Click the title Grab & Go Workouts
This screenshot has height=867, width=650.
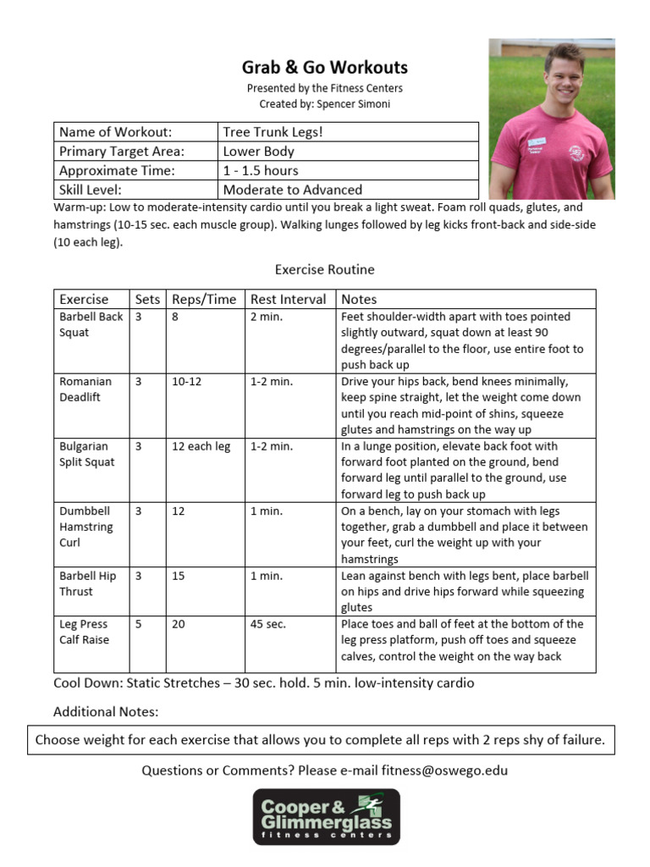point(325,68)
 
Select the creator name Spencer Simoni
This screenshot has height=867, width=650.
point(350,104)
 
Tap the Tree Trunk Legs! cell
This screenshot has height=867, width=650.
point(273,132)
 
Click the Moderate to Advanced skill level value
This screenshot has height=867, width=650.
point(292,190)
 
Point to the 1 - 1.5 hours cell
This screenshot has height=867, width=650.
point(261,170)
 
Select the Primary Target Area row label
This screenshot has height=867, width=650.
point(122,152)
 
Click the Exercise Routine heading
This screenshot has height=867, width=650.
point(324,269)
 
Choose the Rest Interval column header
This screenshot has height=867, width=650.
point(289,299)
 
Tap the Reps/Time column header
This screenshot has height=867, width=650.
point(204,299)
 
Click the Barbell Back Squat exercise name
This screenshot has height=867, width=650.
point(91,324)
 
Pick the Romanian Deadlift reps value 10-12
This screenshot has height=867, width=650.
point(187,382)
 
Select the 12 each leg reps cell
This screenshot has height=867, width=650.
point(201,446)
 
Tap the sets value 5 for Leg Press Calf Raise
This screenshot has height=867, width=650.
point(139,624)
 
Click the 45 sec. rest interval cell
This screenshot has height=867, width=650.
point(268,624)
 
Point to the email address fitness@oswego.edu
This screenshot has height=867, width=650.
point(444,770)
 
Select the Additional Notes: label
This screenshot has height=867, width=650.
point(106,711)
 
